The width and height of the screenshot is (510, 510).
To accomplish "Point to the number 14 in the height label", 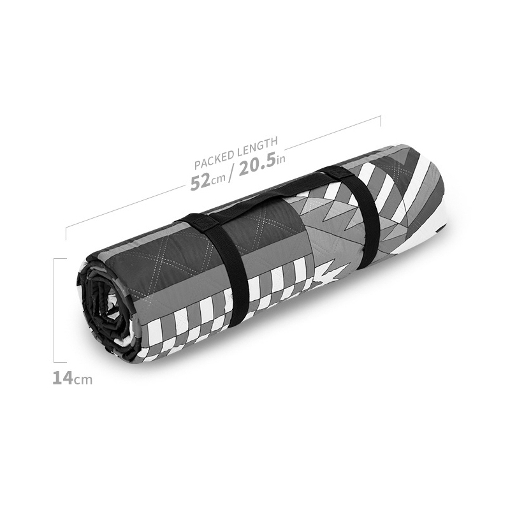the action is coord(62,377).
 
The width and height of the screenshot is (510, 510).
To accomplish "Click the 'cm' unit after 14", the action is coord(83,379).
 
